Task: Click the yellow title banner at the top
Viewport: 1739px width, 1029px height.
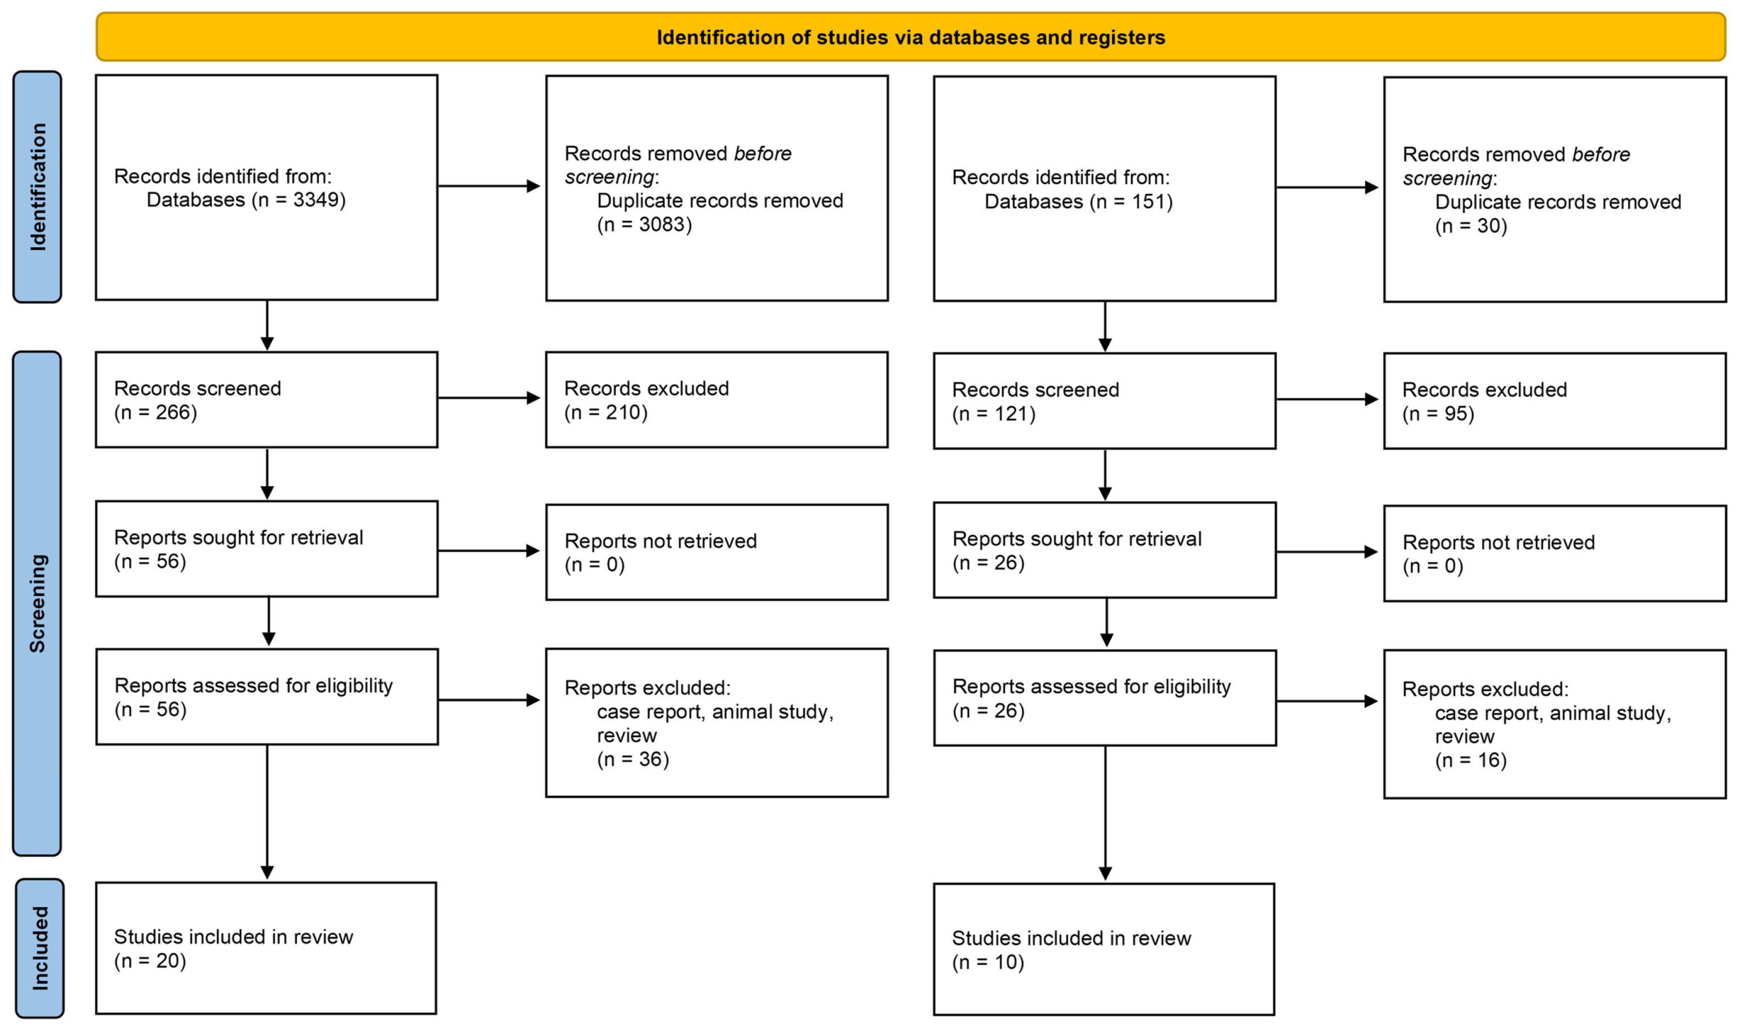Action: (x=910, y=37)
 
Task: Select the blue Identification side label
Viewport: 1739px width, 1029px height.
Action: (x=37, y=186)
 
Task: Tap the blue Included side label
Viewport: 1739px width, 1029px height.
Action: (x=40, y=948)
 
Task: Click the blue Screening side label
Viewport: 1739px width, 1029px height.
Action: (x=37, y=603)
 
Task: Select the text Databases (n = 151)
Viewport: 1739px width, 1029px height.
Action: (x=1078, y=202)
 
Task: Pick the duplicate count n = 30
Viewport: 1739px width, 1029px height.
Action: (x=1471, y=226)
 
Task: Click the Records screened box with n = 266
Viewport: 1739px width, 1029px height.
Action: (x=266, y=400)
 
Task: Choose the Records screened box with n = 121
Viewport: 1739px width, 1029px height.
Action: (x=1104, y=402)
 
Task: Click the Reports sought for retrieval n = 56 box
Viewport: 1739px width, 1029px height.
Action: (x=266, y=549)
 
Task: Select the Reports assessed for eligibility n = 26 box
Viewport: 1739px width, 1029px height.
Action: (x=1104, y=698)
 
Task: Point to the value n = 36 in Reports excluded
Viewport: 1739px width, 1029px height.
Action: (x=633, y=759)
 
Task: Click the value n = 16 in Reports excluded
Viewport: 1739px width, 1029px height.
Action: (x=1471, y=761)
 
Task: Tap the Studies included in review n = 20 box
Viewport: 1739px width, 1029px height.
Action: (x=266, y=948)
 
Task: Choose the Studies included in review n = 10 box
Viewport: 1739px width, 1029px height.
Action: (x=1104, y=949)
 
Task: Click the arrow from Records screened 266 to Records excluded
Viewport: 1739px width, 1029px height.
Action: (x=489, y=398)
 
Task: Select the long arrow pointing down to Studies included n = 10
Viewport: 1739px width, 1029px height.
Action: (x=1105, y=811)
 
